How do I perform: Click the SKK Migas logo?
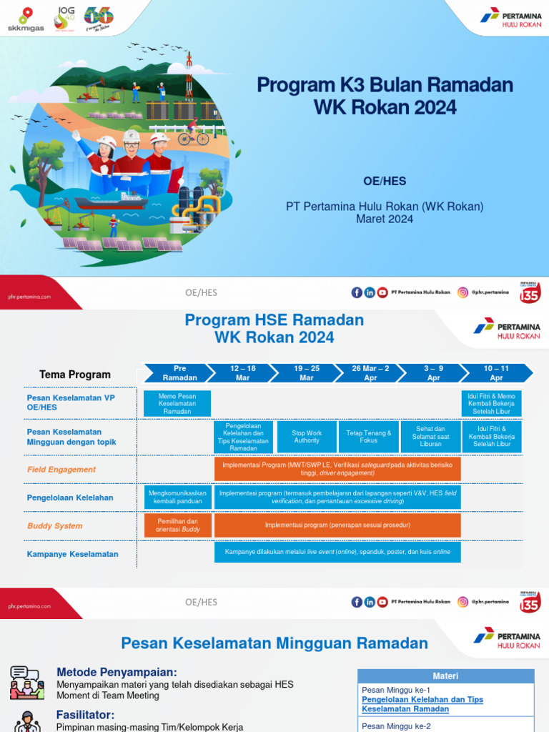(x=26, y=19)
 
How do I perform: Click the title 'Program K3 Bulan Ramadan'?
(x=385, y=85)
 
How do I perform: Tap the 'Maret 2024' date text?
(x=385, y=219)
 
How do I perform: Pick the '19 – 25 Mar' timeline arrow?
(x=306, y=373)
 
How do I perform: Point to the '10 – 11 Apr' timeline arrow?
(x=496, y=373)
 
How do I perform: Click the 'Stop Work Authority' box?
(x=307, y=437)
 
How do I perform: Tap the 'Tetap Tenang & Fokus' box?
(x=369, y=437)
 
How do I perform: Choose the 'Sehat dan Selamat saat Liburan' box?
(x=430, y=437)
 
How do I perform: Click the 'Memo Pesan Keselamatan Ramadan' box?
(x=177, y=403)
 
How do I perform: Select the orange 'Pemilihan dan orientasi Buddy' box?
(x=177, y=525)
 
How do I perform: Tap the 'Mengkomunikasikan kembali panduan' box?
(x=177, y=498)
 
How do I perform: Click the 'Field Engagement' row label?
(x=61, y=470)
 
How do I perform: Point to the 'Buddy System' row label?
(x=55, y=525)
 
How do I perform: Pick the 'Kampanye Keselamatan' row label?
(x=72, y=554)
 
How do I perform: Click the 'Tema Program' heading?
(x=75, y=374)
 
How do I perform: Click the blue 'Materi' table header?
(x=445, y=676)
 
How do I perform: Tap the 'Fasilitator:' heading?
(x=85, y=715)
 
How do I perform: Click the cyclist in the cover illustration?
(x=192, y=133)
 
